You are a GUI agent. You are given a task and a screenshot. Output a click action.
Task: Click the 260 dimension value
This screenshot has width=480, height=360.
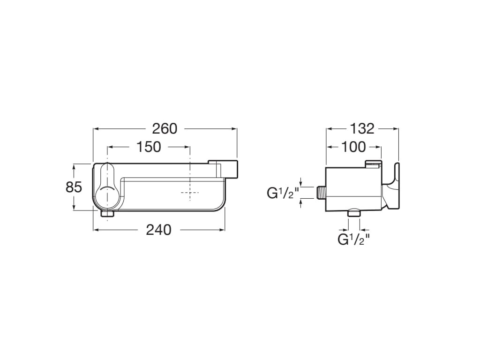(x=165, y=129)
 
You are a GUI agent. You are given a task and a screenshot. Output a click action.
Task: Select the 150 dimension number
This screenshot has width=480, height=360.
(x=149, y=147)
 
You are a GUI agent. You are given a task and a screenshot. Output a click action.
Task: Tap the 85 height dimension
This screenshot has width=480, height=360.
(x=74, y=187)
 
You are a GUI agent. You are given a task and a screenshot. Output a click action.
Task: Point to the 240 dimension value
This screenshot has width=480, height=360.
(x=158, y=230)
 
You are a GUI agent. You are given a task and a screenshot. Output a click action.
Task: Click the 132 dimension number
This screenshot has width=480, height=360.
(x=362, y=129)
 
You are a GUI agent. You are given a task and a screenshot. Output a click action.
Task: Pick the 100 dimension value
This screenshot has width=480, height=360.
(x=353, y=147)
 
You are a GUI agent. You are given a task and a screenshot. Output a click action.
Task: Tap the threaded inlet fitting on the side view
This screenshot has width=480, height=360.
(x=321, y=193)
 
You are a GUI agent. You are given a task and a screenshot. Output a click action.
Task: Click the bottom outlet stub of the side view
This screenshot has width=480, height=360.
(x=354, y=213)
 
